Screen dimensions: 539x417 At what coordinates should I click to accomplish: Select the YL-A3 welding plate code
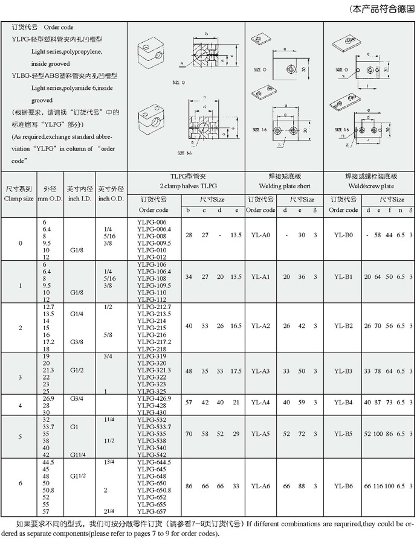click(260, 371)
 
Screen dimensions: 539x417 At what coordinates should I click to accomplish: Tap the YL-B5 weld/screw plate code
click(344, 433)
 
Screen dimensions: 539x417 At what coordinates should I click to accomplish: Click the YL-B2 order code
click(344, 325)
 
